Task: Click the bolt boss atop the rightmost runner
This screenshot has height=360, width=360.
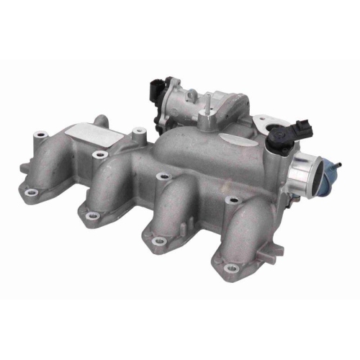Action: [x=230, y=202]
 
